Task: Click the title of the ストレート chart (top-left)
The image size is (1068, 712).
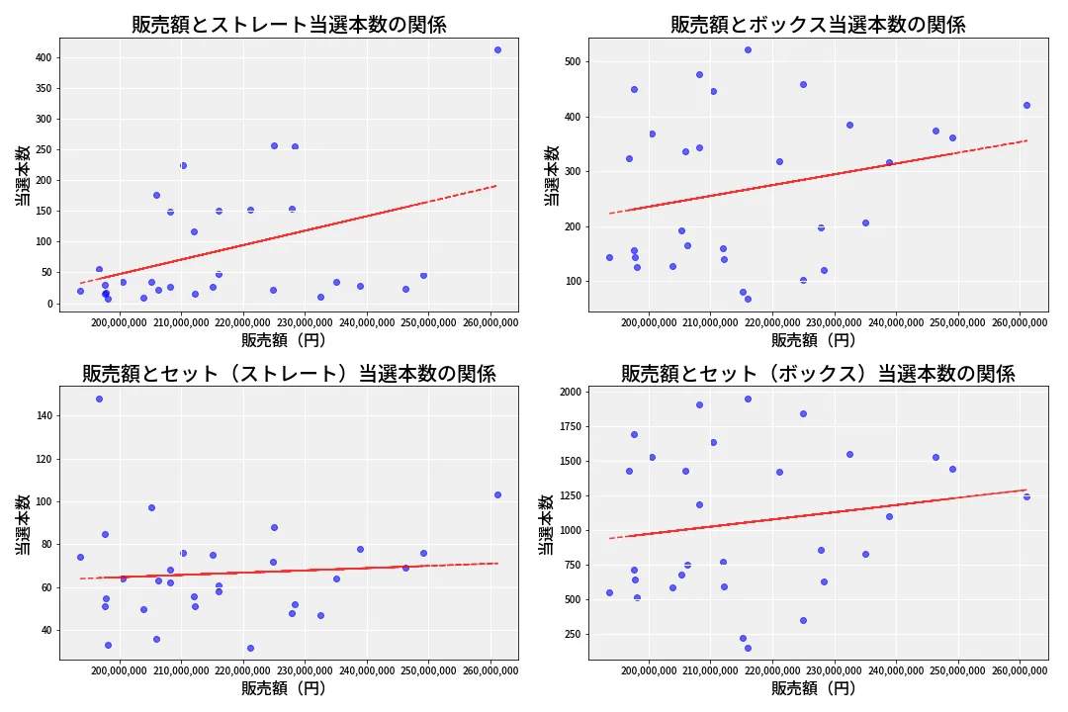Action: pyautogui.click(x=289, y=25)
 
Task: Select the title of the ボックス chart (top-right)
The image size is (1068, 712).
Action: pyautogui.click(x=818, y=25)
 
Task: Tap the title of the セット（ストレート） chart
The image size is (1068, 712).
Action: pyautogui.click(x=289, y=374)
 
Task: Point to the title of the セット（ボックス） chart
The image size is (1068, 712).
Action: pyautogui.click(x=818, y=374)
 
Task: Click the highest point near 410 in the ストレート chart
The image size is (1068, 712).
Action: pyautogui.click(x=497, y=49)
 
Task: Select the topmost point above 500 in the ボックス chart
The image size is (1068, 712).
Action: pyautogui.click(x=748, y=49)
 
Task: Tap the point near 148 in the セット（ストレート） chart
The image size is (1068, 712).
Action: pyautogui.click(x=99, y=399)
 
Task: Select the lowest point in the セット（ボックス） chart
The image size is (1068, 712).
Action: pyautogui.click(x=748, y=648)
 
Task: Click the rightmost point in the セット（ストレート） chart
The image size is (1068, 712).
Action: pyautogui.click(x=497, y=494)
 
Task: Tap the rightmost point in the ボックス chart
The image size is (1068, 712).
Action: pyautogui.click(x=1026, y=105)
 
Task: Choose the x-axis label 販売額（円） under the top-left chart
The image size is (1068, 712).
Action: pyautogui.click(x=289, y=340)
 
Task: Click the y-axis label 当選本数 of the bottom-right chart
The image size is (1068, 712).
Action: pyautogui.click(x=547, y=524)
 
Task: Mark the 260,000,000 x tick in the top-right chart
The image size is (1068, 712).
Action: pyautogui.click(x=1019, y=322)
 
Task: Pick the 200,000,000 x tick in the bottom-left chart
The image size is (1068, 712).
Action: pyautogui.click(x=118, y=670)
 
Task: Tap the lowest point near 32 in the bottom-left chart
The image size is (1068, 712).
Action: pyautogui.click(x=250, y=648)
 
